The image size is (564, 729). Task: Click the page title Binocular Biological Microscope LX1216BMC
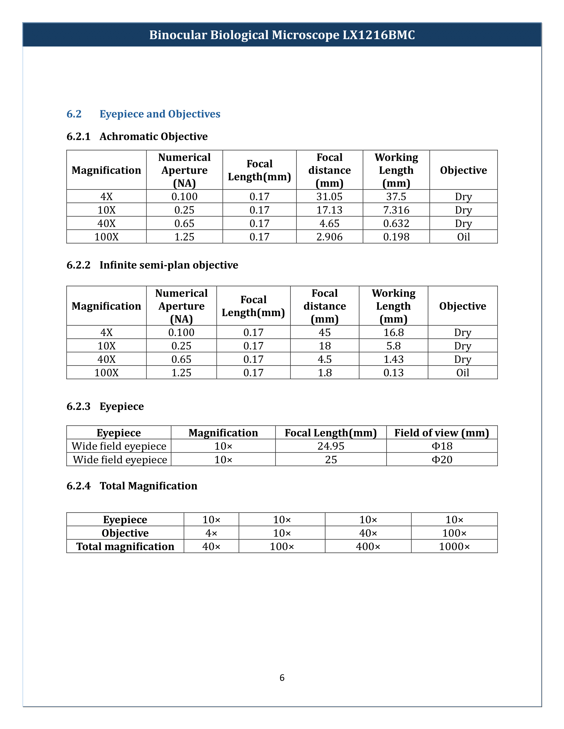282,35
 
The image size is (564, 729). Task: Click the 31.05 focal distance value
329,196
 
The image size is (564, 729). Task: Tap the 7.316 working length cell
396,210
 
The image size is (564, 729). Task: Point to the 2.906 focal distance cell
329,237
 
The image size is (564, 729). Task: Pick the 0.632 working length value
396,223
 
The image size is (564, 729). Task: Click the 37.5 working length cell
396,196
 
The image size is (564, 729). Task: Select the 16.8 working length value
393,332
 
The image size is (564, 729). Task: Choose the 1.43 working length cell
393,359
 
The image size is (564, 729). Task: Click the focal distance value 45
324,332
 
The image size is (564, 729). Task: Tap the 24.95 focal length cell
331,446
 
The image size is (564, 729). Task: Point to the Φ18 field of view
442,446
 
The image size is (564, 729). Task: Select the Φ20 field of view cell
442,460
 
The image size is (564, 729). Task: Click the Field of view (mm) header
442,433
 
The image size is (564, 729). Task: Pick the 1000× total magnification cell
454,546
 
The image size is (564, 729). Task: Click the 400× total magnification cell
368,546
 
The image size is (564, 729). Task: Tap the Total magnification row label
125,546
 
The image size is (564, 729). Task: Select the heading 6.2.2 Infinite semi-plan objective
152,265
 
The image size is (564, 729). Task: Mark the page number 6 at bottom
282,678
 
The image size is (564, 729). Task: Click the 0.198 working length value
396,237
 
